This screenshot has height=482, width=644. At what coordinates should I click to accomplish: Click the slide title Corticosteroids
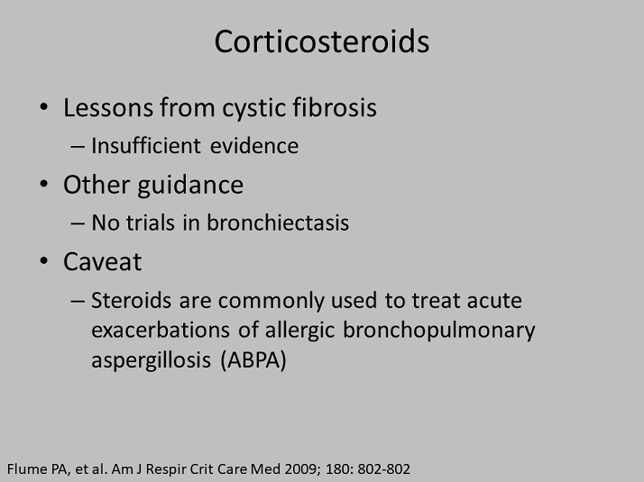coord(322,41)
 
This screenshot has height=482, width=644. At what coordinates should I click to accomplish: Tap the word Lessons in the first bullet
coord(108,107)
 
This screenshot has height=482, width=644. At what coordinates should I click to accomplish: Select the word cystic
coord(253,109)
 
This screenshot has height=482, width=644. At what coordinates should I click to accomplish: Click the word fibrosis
coord(335,107)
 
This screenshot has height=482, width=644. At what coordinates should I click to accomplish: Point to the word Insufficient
coord(146,146)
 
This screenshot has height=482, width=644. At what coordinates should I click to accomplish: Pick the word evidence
coord(254,146)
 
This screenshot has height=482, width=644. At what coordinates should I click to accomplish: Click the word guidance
coord(190,186)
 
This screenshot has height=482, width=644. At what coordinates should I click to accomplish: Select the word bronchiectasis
coord(278,223)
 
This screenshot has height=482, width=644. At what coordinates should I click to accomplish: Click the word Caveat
coord(102,261)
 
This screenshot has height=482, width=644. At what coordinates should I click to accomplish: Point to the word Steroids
coord(131,300)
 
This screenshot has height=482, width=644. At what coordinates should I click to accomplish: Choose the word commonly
coord(271,302)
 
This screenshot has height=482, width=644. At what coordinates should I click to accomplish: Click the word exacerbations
coord(161,330)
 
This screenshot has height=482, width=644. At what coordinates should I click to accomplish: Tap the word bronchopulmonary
coord(438,332)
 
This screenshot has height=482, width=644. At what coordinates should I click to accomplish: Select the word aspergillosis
coord(151,361)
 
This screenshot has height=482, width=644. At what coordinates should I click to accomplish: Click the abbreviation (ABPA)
coord(253,361)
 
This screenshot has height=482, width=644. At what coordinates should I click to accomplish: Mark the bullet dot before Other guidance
coord(44,184)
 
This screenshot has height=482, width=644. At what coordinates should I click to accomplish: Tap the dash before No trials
coord(78,223)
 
